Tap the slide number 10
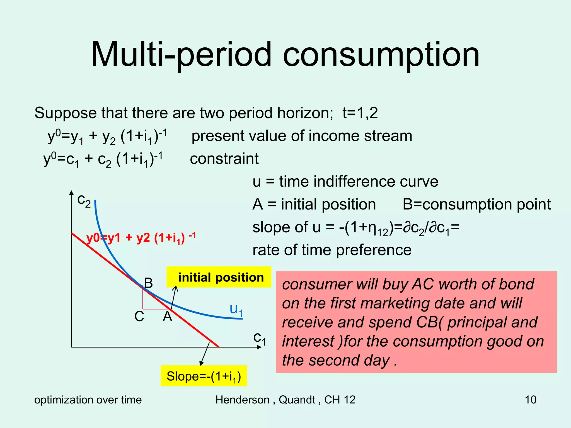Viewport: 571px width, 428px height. [530, 400]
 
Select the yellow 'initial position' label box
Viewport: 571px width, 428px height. [219, 277]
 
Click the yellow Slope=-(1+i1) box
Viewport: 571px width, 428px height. [204, 376]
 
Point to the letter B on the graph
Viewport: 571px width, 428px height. [148, 283]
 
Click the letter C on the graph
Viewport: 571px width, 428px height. [139, 317]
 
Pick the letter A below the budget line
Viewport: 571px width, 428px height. [168, 317]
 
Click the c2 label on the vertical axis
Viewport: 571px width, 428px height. [84, 201]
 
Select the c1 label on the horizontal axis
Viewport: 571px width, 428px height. [260, 338]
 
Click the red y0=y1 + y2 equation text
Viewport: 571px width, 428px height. [141, 238]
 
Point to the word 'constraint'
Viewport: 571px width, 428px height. [224, 159]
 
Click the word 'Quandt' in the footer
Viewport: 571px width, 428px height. [297, 400]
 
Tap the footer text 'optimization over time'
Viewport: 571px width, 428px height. [88, 400]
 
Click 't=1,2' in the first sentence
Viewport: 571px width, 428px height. [360, 113]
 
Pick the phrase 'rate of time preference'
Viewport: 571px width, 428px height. [332, 250]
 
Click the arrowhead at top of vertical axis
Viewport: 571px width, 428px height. [71, 193]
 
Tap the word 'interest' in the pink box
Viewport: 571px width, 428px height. [308, 341]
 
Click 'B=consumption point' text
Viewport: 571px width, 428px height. [476, 204]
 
